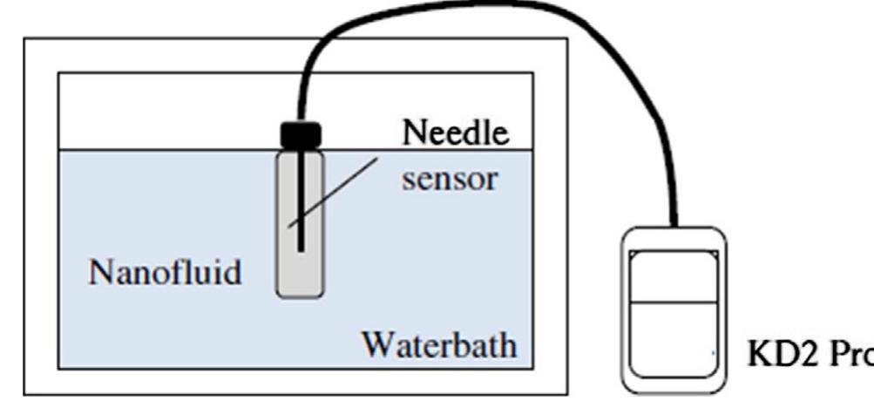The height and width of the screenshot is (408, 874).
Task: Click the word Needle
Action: point(455,133)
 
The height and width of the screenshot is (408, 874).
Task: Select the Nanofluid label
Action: point(165,273)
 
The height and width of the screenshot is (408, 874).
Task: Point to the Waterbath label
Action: point(439,343)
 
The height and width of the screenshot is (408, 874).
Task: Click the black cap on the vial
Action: point(300,134)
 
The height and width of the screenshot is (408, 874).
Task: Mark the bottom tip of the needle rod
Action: point(299,252)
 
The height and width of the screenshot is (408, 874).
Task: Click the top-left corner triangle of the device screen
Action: point(635,254)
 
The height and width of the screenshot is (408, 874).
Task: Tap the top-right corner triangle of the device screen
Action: point(713,254)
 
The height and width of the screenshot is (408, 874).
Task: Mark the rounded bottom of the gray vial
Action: point(300,293)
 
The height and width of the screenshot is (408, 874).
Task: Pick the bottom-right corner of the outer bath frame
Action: point(566,395)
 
